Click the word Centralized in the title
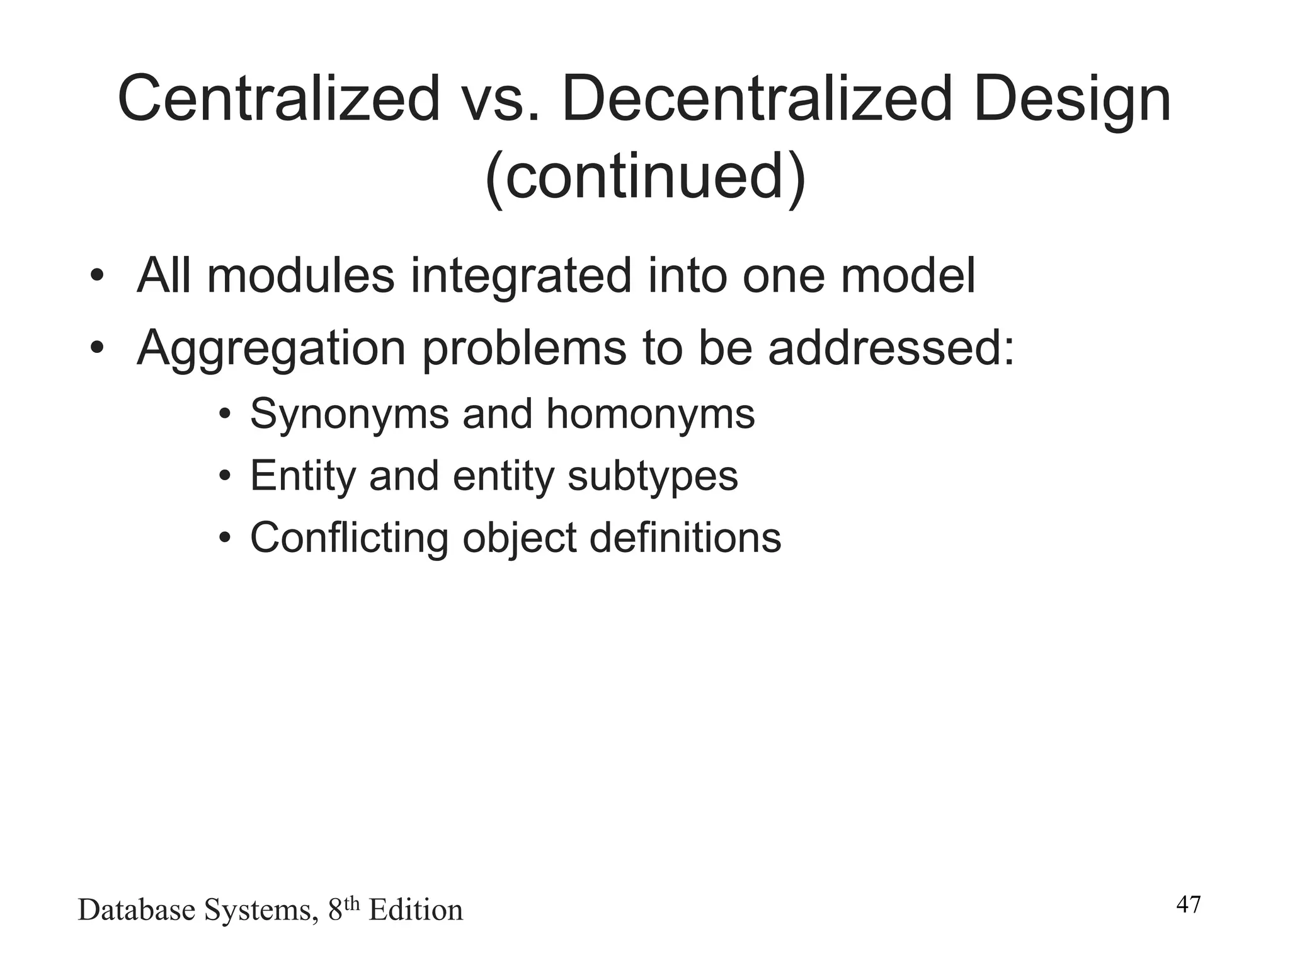[x=278, y=98]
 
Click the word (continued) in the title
[x=645, y=176]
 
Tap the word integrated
[x=521, y=277]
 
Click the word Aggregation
[x=271, y=349]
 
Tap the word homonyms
[x=651, y=415]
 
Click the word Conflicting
[x=350, y=539]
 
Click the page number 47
[x=1189, y=905]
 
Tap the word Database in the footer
[x=136, y=910]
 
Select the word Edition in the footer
[x=416, y=910]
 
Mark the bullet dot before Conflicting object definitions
[x=225, y=538]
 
